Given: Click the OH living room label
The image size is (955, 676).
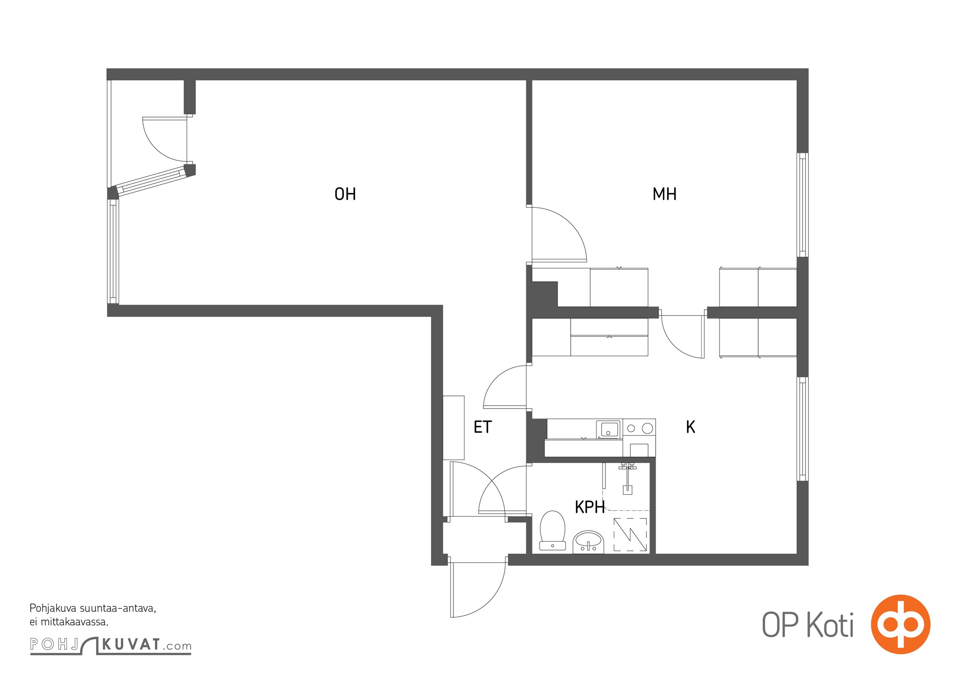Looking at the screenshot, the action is (x=345, y=194).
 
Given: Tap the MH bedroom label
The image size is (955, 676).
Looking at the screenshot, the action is (x=664, y=194).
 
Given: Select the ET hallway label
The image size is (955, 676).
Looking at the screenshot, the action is (x=483, y=427).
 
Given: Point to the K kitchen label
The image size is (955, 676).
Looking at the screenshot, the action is (x=690, y=427).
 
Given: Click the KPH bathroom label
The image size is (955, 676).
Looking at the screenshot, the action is (x=590, y=507).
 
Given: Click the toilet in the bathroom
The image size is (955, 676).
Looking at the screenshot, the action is (x=552, y=530).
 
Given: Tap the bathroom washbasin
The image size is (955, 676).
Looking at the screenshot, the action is (x=588, y=542).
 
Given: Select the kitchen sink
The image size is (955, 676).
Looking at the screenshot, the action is (x=608, y=429).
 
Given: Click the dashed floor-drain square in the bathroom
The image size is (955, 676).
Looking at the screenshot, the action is (x=630, y=534).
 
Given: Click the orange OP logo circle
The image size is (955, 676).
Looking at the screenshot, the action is (x=901, y=624).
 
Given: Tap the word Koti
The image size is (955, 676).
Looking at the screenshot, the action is (x=830, y=625).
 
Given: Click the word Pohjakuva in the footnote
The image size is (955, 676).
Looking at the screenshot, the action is (x=53, y=609).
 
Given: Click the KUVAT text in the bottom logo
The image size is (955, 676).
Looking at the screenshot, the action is (x=131, y=645).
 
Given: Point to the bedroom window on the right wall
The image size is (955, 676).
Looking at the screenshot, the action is (x=802, y=205).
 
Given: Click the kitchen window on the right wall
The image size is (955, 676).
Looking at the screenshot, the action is (x=802, y=428).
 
